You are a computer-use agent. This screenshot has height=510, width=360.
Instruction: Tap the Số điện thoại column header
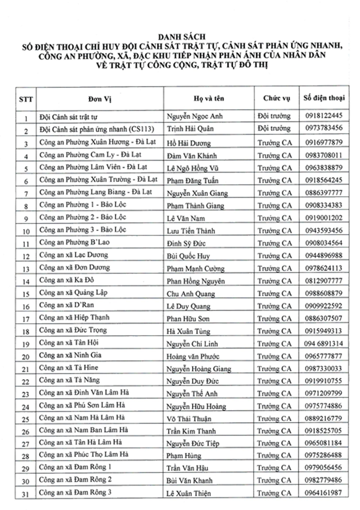[x=323, y=98]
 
